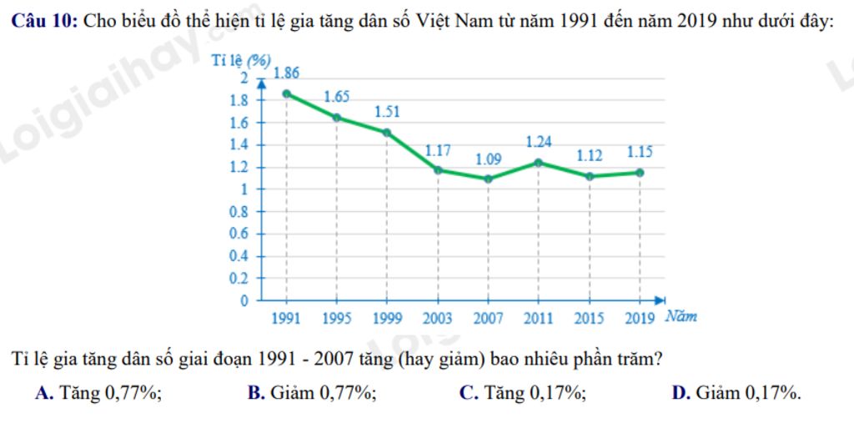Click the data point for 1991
tap(287, 93)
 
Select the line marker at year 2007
tap(488, 179)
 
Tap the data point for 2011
tap(539, 163)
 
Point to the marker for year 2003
tap(438, 170)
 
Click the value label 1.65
tap(337, 97)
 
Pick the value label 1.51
tap(387, 111)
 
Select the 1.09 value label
tap(489, 159)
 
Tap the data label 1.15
tap(640, 153)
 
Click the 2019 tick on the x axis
tap(640, 318)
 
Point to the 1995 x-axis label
tap(337, 318)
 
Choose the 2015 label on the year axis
tap(590, 318)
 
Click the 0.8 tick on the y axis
tap(239, 212)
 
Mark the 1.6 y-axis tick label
tap(239, 123)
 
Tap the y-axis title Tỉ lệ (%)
tap(241, 60)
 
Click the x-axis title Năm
tap(681, 317)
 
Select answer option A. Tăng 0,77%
tap(98, 393)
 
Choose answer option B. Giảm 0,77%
tap(312, 393)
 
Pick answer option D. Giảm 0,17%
tap(736, 393)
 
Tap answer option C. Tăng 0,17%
tap(523, 393)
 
